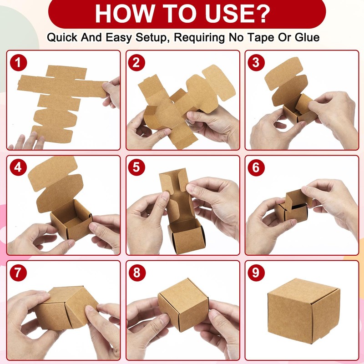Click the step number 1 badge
(18, 62)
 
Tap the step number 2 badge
(136, 62)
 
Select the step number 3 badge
(256, 62)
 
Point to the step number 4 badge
(18, 167)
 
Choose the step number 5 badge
(136, 167)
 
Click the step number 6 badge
(256, 167)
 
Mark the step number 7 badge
(18, 273)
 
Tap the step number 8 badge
(137, 273)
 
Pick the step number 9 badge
(256, 273)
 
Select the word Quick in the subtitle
(62, 37)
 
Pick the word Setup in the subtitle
(151, 38)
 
